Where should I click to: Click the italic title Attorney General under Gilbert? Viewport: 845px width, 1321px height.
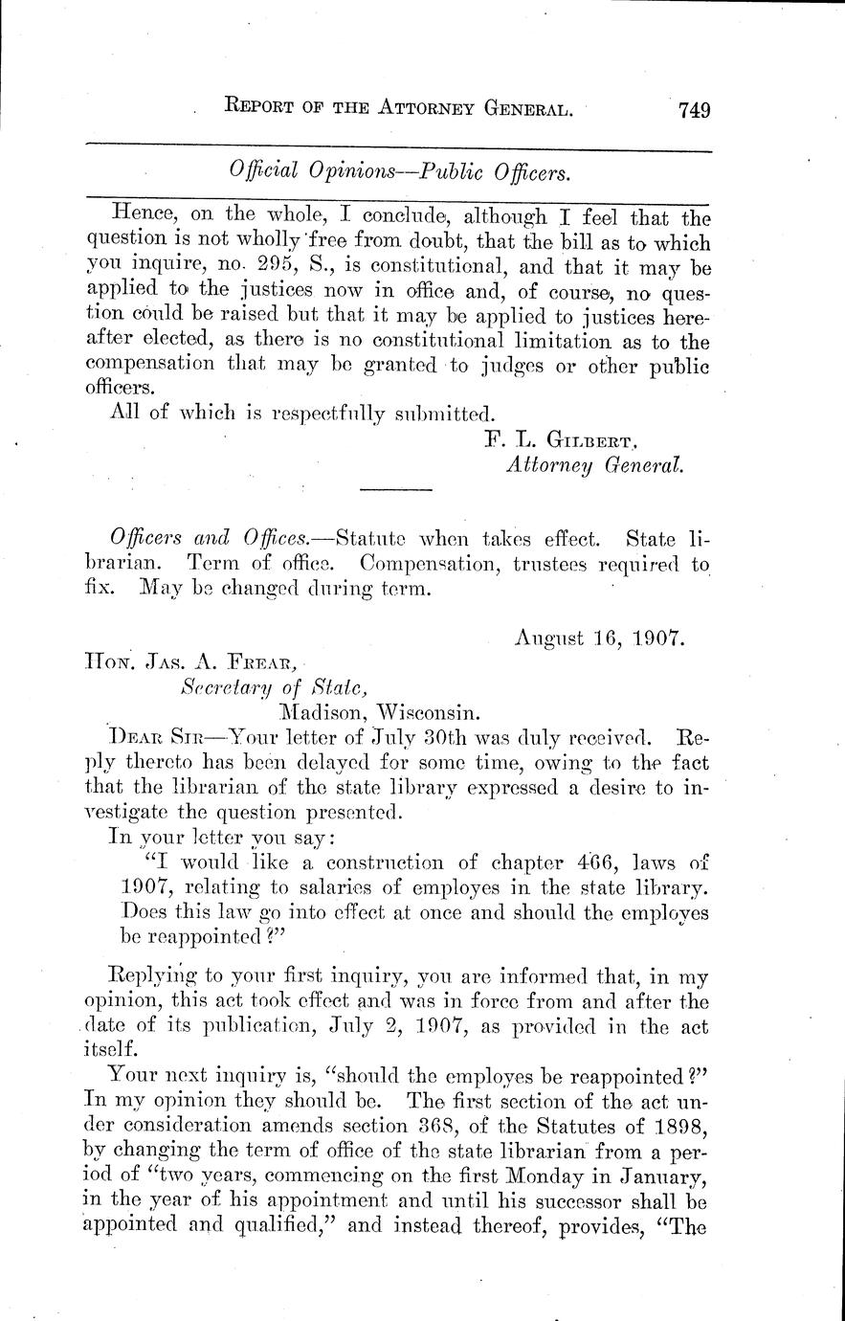(593, 465)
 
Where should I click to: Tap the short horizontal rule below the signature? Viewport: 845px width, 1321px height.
(396, 490)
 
